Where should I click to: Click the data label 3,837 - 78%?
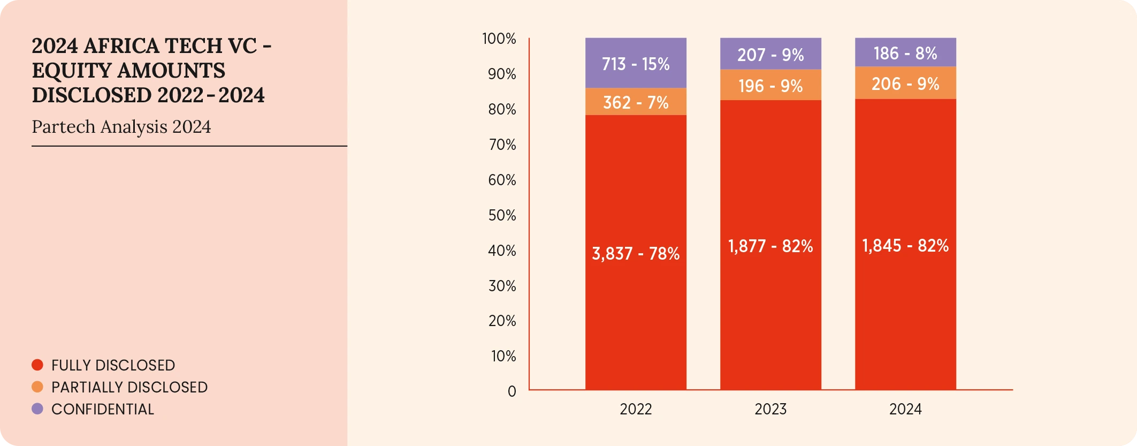click(636, 253)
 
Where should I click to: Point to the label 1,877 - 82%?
click(770, 246)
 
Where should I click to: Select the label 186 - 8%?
click(905, 54)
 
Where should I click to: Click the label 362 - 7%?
click(636, 102)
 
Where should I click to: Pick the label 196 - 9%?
click(770, 86)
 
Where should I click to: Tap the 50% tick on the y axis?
click(502, 215)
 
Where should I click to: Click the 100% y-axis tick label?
click(499, 39)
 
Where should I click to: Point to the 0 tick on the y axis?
click(512, 391)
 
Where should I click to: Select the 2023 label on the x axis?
click(770, 409)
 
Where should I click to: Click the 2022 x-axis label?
click(636, 409)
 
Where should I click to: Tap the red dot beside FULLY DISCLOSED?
click(37, 365)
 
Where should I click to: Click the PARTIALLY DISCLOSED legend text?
click(129, 387)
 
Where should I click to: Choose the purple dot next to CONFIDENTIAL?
click(37, 409)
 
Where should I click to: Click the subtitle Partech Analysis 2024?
click(121, 127)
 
